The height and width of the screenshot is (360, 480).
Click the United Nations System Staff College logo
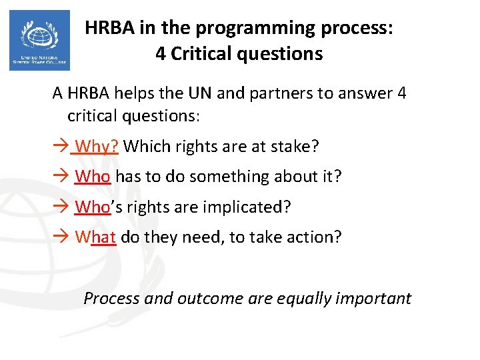tap(39, 40)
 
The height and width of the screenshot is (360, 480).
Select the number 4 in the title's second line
tap(161, 53)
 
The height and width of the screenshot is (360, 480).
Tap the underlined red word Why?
tap(97, 145)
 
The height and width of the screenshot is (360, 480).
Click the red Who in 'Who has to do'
tap(93, 176)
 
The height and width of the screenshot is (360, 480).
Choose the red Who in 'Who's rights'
tap(93, 207)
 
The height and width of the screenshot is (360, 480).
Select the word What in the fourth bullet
tap(96, 237)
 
